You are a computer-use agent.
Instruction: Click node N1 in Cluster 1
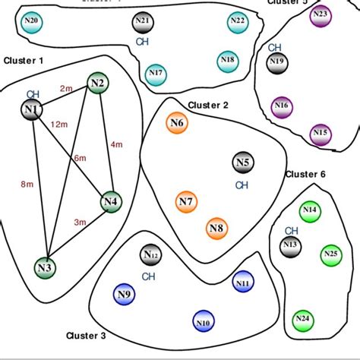click(x=31, y=111)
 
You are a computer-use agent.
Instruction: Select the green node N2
click(x=96, y=83)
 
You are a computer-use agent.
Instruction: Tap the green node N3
click(x=45, y=267)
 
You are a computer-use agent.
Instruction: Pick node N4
click(x=111, y=202)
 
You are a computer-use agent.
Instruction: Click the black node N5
click(x=242, y=163)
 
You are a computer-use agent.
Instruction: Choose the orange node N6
click(x=177, y=123)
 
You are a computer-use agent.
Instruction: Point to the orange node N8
click(x=216, y=228)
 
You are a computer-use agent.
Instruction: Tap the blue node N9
click(x=124, y=294)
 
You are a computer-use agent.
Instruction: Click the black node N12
click(x=150, y=255)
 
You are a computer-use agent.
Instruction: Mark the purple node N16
click(x=282, y=106)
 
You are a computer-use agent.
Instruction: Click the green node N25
click(x=330, y=253)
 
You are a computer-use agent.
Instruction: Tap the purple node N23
click(x=321, y=15)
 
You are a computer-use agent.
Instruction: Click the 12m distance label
click(x=56, y=124)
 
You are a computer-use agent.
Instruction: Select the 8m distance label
click(x=27, y=184)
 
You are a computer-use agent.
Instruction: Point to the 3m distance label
click(x=79, y=223)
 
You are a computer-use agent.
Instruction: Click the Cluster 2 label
click(x=208, y=105)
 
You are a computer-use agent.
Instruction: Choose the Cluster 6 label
click(x=305, y=175)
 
